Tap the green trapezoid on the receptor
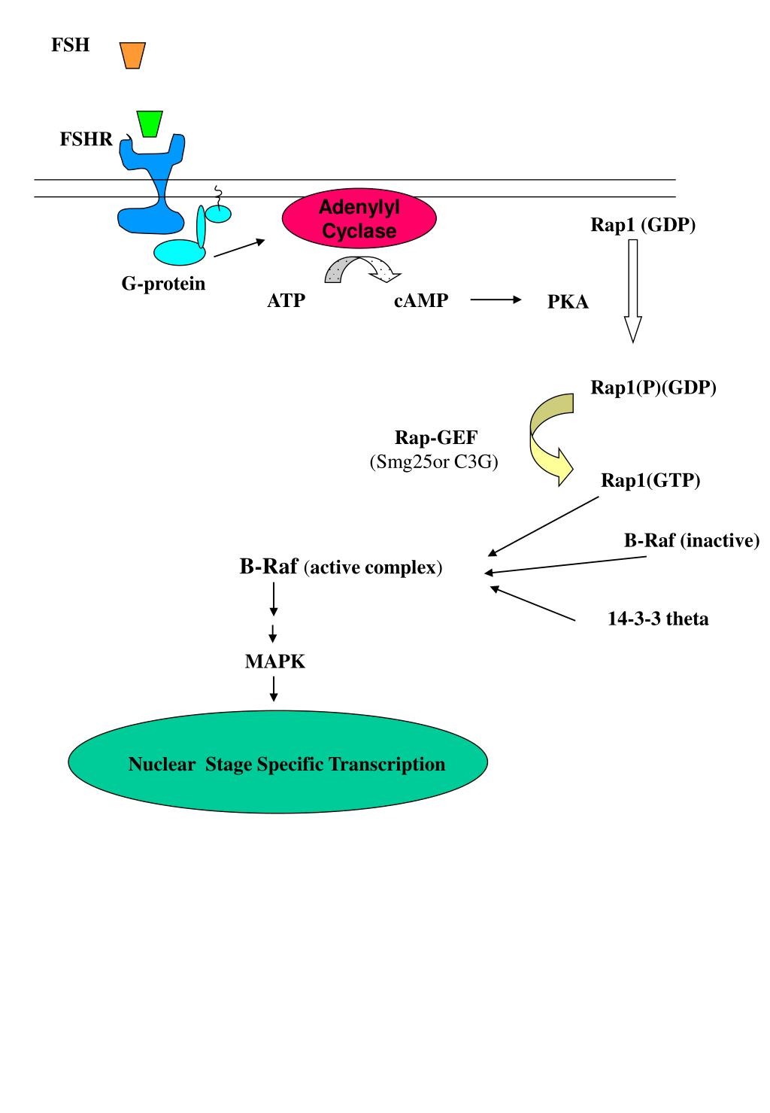[150, 123]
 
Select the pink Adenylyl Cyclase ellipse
[359, 219]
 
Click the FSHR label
[86, 139]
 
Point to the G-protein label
[163, 284]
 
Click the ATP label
[286, 301]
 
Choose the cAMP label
[421, 301]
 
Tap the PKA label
[568, 303]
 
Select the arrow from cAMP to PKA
[496, 300]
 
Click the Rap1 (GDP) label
[643, 225]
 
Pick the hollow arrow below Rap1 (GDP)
[633, 290]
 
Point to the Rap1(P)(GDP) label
[653, 388]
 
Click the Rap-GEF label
[436, 437]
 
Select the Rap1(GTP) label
[650, 480]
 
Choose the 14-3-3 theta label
[658, 619]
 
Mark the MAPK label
[275, 661]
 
